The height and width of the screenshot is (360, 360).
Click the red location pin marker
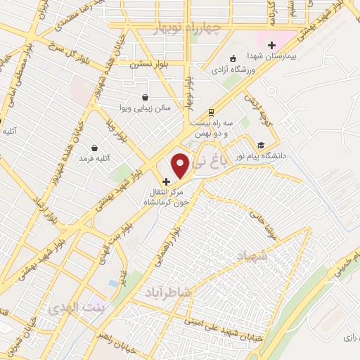pyautogui.click(x=181, y=165)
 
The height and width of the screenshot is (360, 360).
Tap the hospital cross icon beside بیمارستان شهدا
pyautogui.click(x=271, y=45)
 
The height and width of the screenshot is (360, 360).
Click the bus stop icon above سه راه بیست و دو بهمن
pyautogui.click(x=212, y=112)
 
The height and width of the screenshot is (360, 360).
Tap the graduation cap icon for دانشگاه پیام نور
pyautogui.click(x=261, y=138)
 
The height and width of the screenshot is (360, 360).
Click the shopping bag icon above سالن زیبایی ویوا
pyautogui.click(x=145, y=98)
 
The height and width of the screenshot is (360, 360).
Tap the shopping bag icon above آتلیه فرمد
pyautogui.click(x=94, y=148)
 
